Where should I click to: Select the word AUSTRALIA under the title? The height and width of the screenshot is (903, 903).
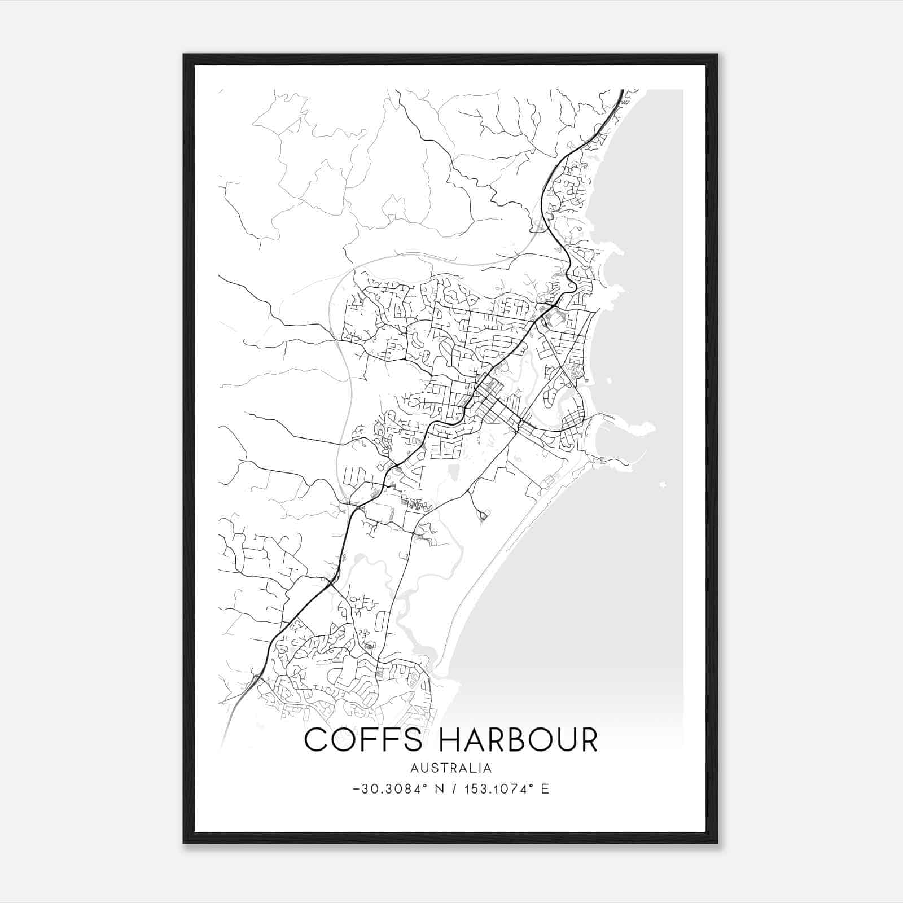coord(451,768)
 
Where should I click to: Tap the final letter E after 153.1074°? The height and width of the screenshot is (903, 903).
coord(545,789)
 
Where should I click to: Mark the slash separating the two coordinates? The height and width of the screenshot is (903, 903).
coord(454,789)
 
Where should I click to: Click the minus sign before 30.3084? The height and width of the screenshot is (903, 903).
coord(356,789)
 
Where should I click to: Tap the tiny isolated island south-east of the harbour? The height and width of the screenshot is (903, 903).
coord(663,484)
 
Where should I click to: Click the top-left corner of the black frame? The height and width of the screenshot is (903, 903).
coord(184,55)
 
